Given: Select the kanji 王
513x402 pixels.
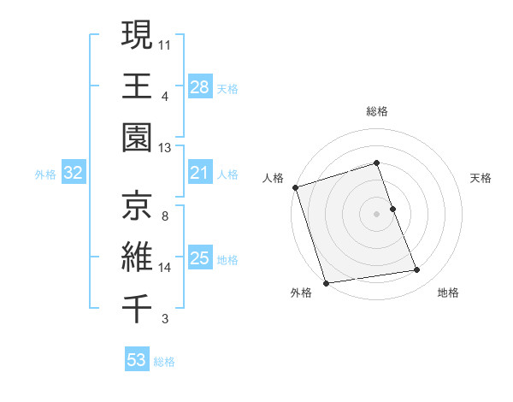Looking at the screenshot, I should point(137,86).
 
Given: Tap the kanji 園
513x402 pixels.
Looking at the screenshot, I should point(137,138).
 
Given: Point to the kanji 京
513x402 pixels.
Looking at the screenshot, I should point(137,204).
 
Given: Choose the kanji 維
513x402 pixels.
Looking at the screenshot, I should point(137,256).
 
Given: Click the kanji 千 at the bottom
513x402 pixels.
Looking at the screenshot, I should point(137,307).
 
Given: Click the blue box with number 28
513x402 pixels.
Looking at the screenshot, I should point(200,87).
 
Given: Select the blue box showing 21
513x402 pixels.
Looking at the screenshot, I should point(200,174).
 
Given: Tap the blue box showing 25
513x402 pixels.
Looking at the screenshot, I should point(200,258).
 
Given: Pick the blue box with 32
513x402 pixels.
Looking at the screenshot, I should point(74,174).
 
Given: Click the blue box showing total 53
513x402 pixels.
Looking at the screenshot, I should point(137,360).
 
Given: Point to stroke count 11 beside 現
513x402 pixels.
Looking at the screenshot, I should point(165,43).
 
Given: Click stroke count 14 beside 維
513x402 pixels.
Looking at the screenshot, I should point(165,268).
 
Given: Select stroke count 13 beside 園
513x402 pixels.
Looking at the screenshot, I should point(165,148).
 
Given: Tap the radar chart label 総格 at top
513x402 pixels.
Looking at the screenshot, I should point(377,112).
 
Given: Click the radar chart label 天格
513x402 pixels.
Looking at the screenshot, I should point(481,178).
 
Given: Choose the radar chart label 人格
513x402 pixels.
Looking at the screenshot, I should point(273,178).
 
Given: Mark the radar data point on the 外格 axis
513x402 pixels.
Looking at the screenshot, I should point(326,283).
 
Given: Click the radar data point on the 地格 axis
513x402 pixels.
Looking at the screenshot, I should point(417,270).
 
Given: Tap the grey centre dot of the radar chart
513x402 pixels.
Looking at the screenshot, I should point(377,213).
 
